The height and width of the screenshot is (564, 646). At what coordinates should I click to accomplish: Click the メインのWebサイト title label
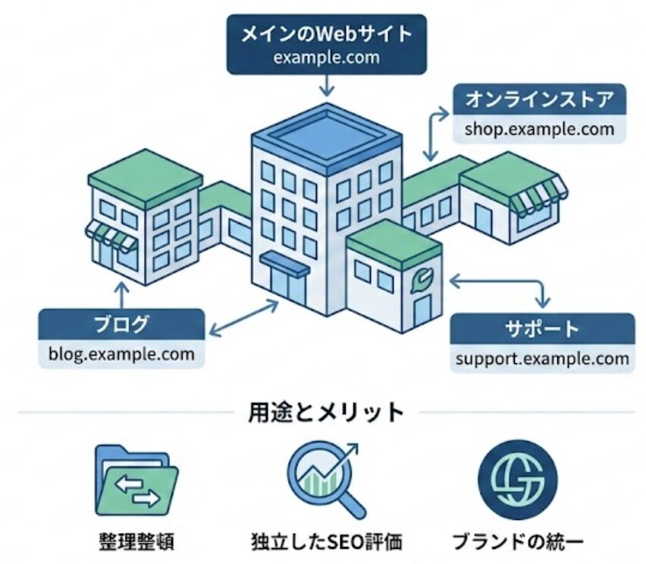326,34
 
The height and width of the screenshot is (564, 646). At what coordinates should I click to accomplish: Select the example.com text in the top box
326,58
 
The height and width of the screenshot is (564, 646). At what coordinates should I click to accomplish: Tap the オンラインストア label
538,99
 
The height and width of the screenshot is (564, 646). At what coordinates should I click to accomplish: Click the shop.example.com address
539,128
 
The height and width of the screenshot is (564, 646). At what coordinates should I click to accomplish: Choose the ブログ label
121,325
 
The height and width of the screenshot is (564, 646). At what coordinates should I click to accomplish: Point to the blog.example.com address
121,353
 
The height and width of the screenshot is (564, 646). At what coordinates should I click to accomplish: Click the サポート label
542,329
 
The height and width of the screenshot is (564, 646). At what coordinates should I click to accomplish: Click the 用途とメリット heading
325,412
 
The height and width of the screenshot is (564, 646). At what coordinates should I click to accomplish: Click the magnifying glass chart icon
324,478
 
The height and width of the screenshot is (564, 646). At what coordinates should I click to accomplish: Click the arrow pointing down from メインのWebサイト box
327,86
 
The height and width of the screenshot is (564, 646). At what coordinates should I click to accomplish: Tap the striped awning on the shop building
537,195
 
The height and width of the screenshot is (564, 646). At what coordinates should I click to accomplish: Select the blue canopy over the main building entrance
284,262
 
